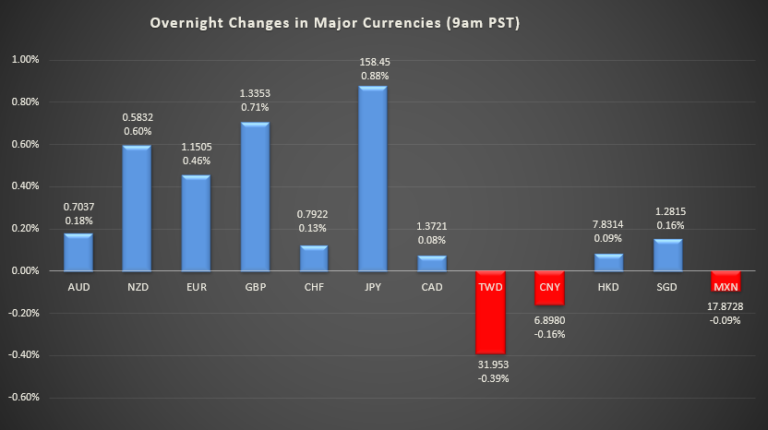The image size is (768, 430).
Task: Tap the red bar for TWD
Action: click(x=491, y=312)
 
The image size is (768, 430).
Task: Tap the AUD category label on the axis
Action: click(x=78, y=287)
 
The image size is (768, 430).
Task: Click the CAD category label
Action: click(x=432, y=287)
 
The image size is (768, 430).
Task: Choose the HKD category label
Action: click(x=608, y=287)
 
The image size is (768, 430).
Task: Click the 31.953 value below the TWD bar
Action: click(x=491, y=364)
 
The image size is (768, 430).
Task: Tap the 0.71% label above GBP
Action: click(x=255, y=108)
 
